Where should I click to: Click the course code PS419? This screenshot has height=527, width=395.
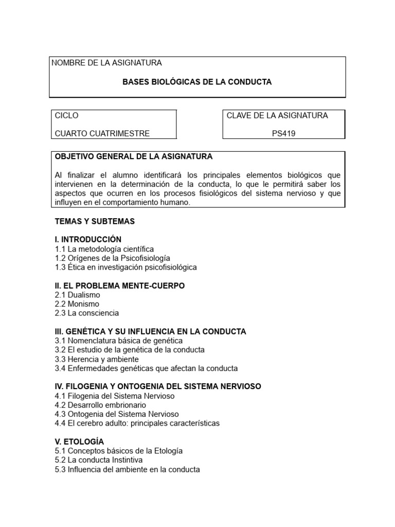click(283, 133)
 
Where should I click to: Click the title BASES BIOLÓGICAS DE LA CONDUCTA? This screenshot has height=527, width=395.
click(197, 82)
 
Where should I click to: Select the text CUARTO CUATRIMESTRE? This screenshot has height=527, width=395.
click(102, 133)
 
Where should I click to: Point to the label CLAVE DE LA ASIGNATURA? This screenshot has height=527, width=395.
click(277, 115)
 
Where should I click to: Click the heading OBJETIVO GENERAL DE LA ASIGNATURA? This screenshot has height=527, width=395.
click(133, 156)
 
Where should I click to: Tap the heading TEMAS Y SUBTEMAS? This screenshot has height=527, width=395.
click(95, 221)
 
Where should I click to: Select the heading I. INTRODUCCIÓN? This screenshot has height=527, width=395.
click(88, 239)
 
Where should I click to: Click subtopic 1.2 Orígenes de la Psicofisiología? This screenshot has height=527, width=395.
click(113, 258)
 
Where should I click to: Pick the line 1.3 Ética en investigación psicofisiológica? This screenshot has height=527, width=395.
click(125, 267)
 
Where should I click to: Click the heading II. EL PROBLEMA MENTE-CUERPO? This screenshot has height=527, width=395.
click(120, 286)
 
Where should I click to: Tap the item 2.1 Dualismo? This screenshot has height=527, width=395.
click(78, 295)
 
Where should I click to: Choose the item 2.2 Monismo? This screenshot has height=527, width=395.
click(77, 304)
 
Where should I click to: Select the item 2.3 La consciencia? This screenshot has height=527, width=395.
click(87, 313)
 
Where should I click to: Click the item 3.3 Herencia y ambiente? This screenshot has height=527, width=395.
click(97, 359)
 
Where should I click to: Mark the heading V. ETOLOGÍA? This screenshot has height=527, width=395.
click(79, 442)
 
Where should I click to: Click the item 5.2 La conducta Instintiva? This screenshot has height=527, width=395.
click(99, 460)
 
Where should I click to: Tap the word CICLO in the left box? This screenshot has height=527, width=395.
click(67, 115)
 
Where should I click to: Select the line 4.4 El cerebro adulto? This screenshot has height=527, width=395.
click(137, 423)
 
